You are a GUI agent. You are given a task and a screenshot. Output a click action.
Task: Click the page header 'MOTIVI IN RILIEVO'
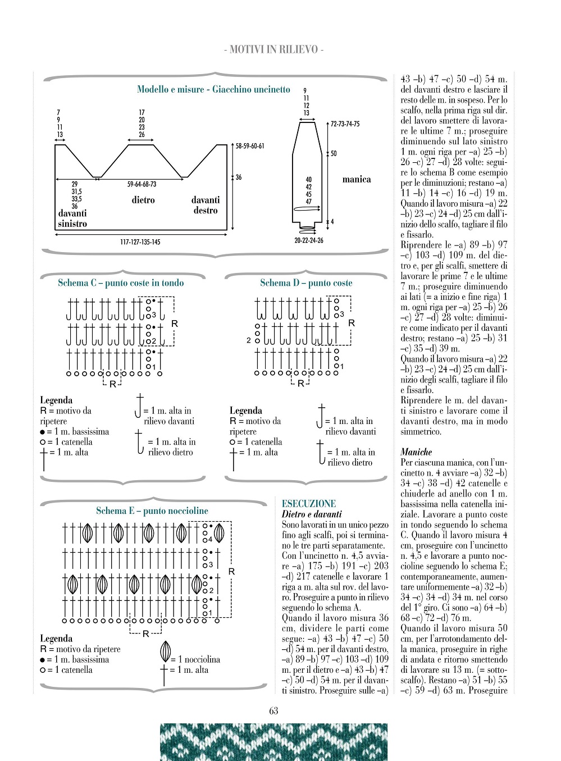point(273,49)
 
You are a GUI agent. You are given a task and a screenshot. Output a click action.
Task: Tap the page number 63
point(273,710)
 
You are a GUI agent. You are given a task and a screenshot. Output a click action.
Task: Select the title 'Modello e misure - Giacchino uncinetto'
point(213,89)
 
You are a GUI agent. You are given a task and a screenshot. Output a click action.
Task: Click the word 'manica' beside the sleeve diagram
point(357,180)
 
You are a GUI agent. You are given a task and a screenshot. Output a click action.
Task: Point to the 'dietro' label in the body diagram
point(143,200)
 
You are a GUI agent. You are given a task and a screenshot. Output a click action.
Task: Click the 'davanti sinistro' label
point(72,218)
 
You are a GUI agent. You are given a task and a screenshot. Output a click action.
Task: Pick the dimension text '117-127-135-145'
point(140,242)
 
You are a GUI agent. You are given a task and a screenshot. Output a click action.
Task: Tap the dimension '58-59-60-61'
point(250,146)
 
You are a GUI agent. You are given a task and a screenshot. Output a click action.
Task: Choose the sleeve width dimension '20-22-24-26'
point(309,240)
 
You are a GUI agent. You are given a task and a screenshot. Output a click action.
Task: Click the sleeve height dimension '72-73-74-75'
point(345,124)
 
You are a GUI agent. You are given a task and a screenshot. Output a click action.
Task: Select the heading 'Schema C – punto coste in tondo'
point(121,283)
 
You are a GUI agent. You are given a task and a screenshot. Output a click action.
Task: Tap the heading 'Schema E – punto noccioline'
point(152,511)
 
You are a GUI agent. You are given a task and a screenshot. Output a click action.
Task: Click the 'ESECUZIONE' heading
point(309,504)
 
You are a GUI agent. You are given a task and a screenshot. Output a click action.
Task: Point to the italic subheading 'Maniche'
point(416,452)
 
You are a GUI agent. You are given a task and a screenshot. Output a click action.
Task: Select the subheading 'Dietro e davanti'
point(312,514)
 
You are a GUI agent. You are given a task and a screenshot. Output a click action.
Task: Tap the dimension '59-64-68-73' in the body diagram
point(142,184)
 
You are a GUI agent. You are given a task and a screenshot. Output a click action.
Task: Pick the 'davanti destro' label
point(206,205)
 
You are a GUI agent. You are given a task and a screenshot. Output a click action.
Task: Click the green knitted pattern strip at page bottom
point(273,742)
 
